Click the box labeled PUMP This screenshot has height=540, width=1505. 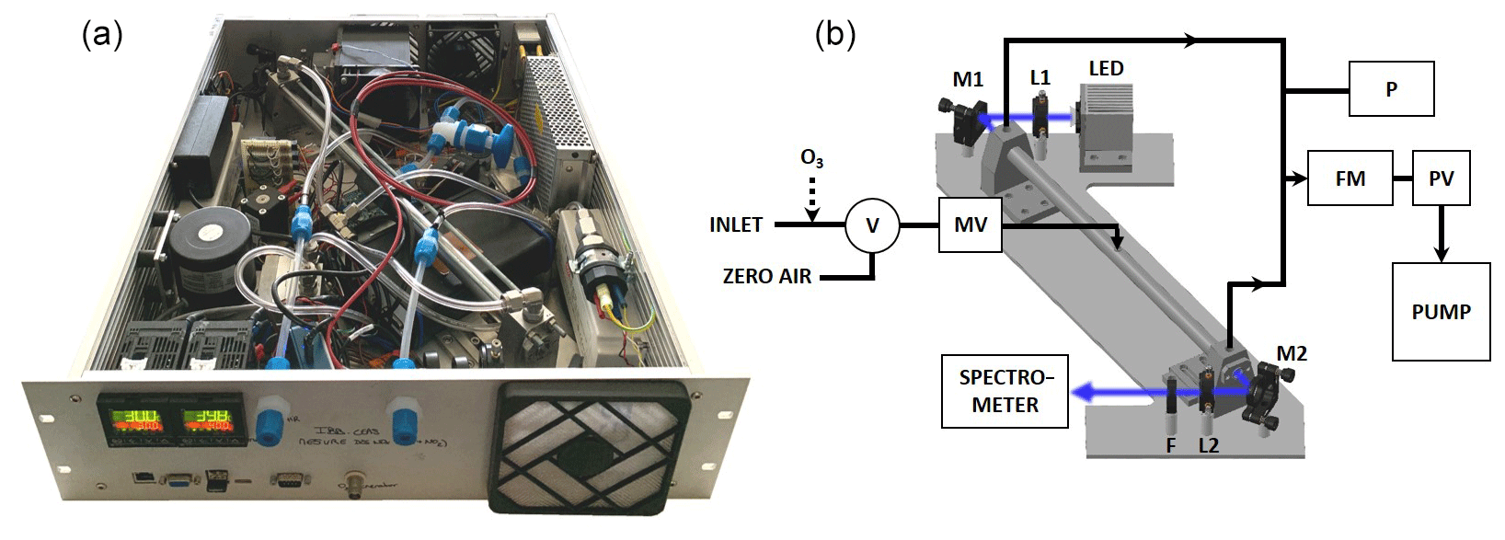tap(1441, 312)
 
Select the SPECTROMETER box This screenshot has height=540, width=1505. tap(1005, 391)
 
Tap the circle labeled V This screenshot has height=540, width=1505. tap(872, 225)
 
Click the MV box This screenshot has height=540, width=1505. tap(971, 225)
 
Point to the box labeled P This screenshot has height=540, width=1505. tap(1391, 89)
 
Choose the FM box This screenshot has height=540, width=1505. tap(1350, 178)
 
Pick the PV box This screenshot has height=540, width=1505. tap(1441, 178)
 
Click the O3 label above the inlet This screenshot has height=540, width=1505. tap(811, 158)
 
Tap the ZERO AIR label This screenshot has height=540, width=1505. tap(767, 276)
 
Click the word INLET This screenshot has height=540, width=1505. tap(736, 225)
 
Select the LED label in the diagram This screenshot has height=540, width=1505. tap(1106, 69)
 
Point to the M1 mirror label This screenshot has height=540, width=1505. tap(968, 79)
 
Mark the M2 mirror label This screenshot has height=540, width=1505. tap(1292, 353)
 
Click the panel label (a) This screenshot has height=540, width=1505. tap(102, 35)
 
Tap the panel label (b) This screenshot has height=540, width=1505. tap(835, 35)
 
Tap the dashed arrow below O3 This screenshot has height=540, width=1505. tap(811, 198)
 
